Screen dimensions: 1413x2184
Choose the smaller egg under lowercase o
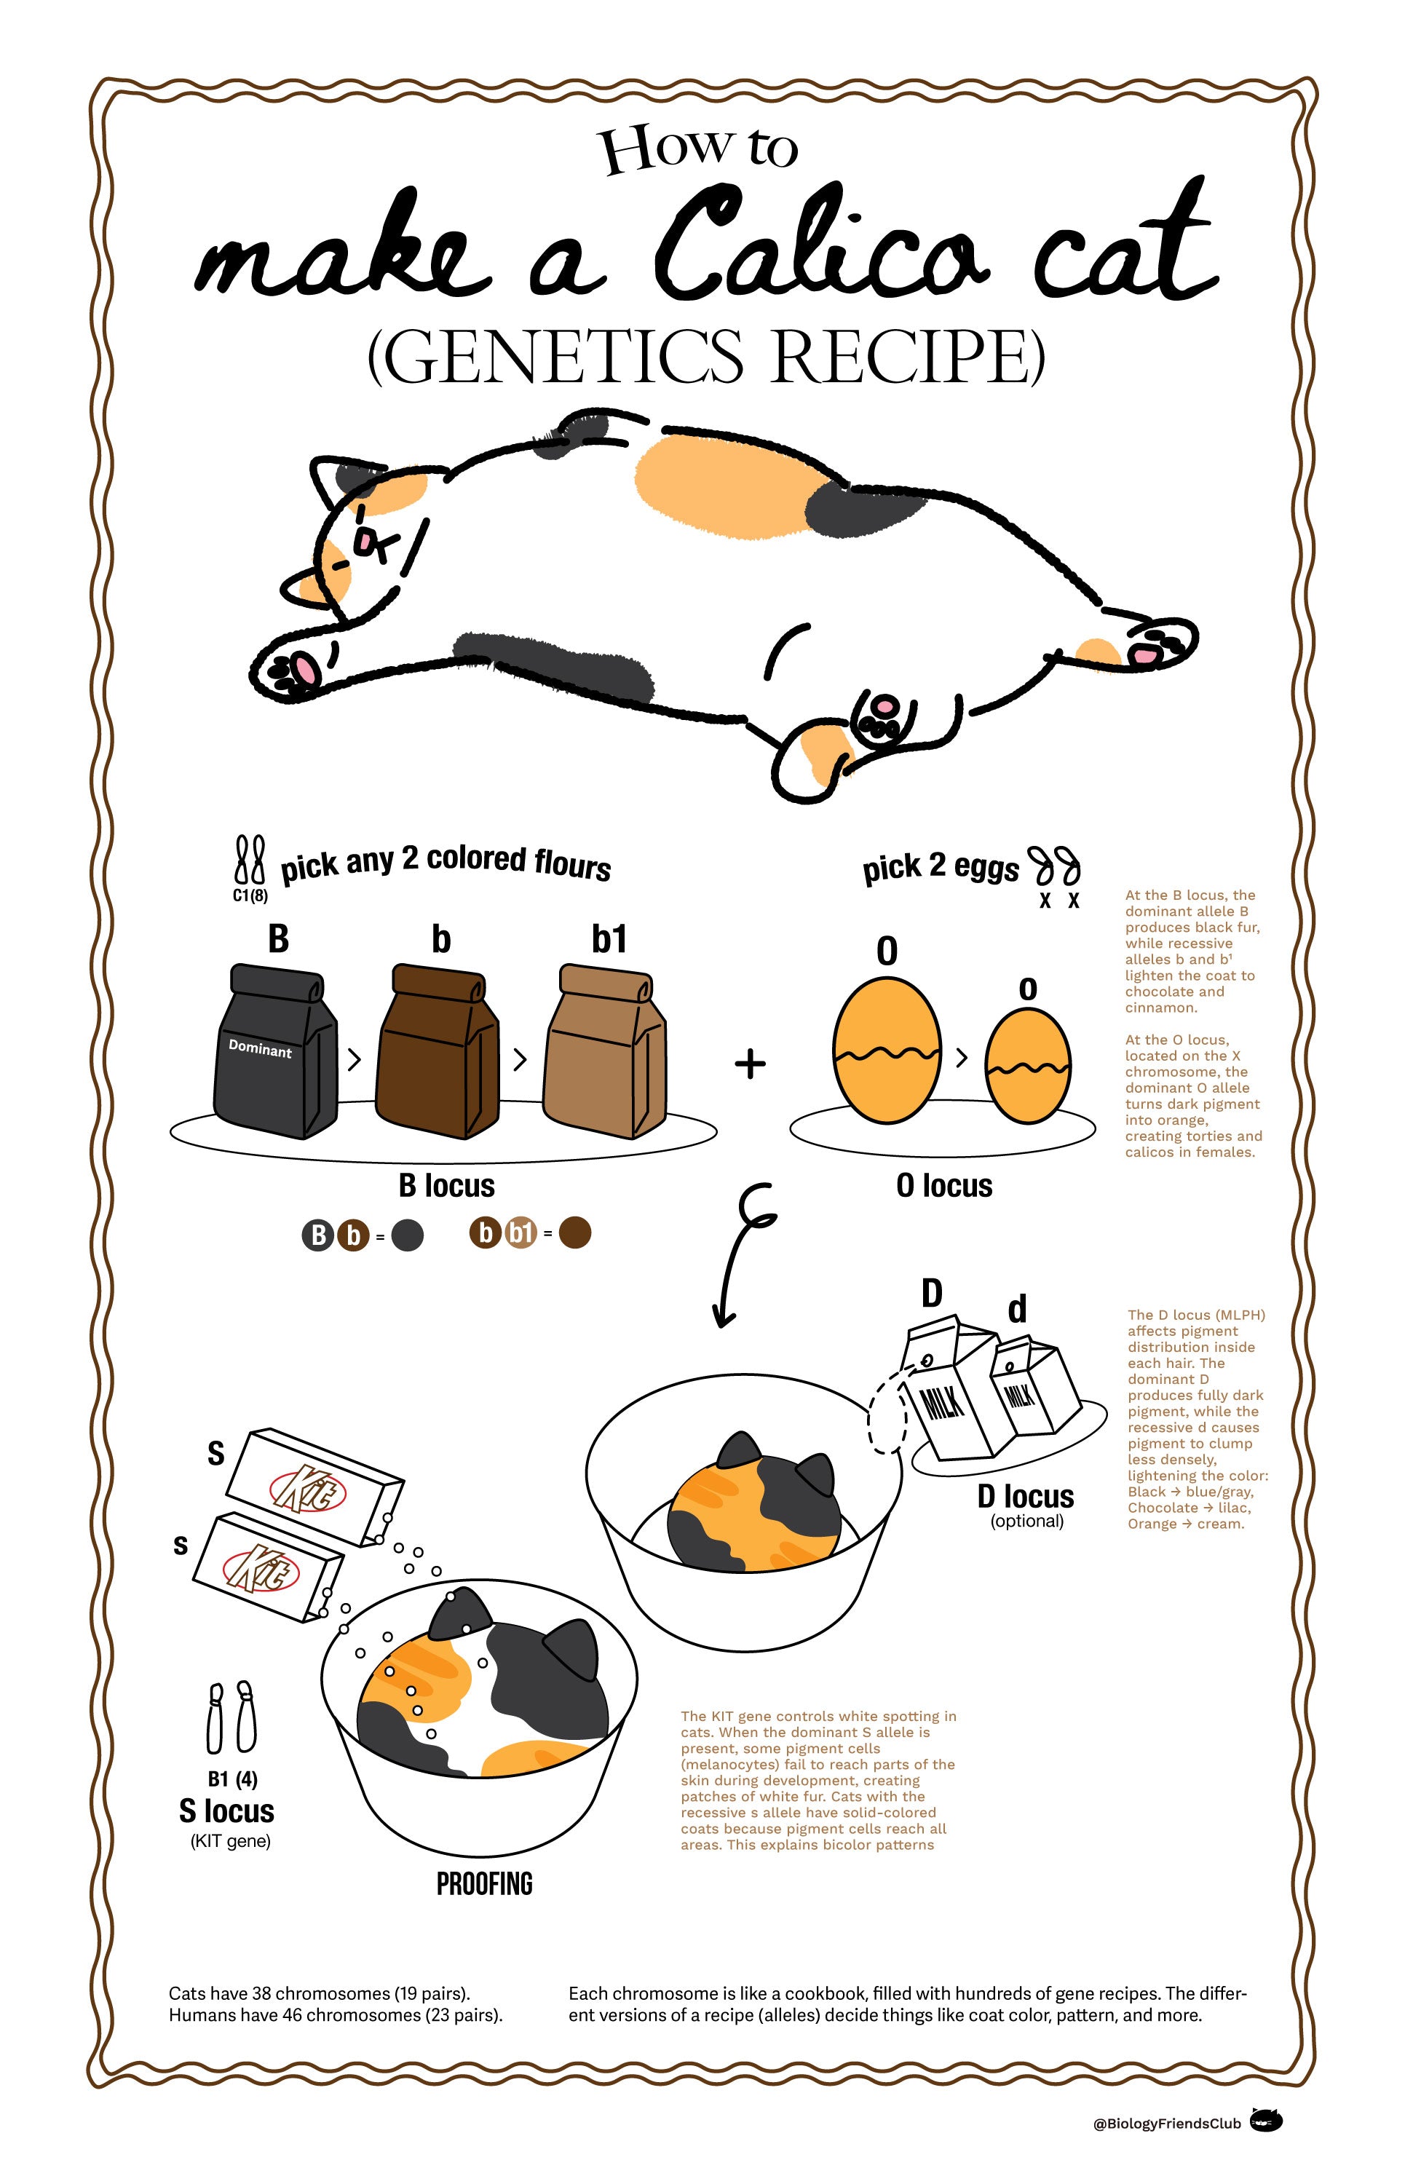[1028, 1067]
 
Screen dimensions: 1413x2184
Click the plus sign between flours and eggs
[750, 1064]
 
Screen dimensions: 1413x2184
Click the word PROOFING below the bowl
[484, 1884]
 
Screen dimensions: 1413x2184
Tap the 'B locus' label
[447, 1186]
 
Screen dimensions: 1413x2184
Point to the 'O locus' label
[944, 1186]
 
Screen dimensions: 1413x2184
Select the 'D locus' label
[1025, 1497]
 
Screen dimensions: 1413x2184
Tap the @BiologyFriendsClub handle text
[1166, 2124]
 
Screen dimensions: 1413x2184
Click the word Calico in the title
[821, 243]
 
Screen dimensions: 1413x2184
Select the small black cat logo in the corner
[1267, 2121]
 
